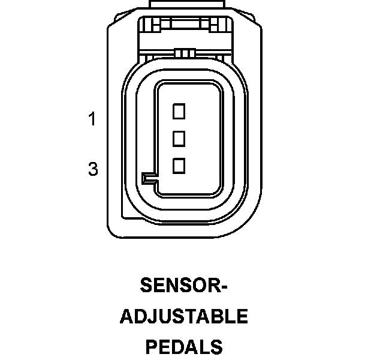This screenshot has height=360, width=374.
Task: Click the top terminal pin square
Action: [x=179, y=110]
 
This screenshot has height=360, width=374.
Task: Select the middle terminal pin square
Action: [x=179, y=139]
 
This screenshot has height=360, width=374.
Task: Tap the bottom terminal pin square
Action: [x=179, y=166]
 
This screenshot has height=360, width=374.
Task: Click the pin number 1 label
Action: [x=92, y=119]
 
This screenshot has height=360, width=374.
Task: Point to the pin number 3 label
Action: [x=93, y=170]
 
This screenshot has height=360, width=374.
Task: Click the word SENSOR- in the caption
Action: [x=183, y=285]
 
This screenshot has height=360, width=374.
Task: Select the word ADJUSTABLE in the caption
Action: [x=183, y=316]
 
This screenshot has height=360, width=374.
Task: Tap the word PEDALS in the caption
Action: [x=183, y=347]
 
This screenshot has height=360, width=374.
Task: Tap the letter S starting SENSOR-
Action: [x=146, y=285]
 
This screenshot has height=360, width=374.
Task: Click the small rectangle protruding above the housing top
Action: [x=186, y=5]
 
